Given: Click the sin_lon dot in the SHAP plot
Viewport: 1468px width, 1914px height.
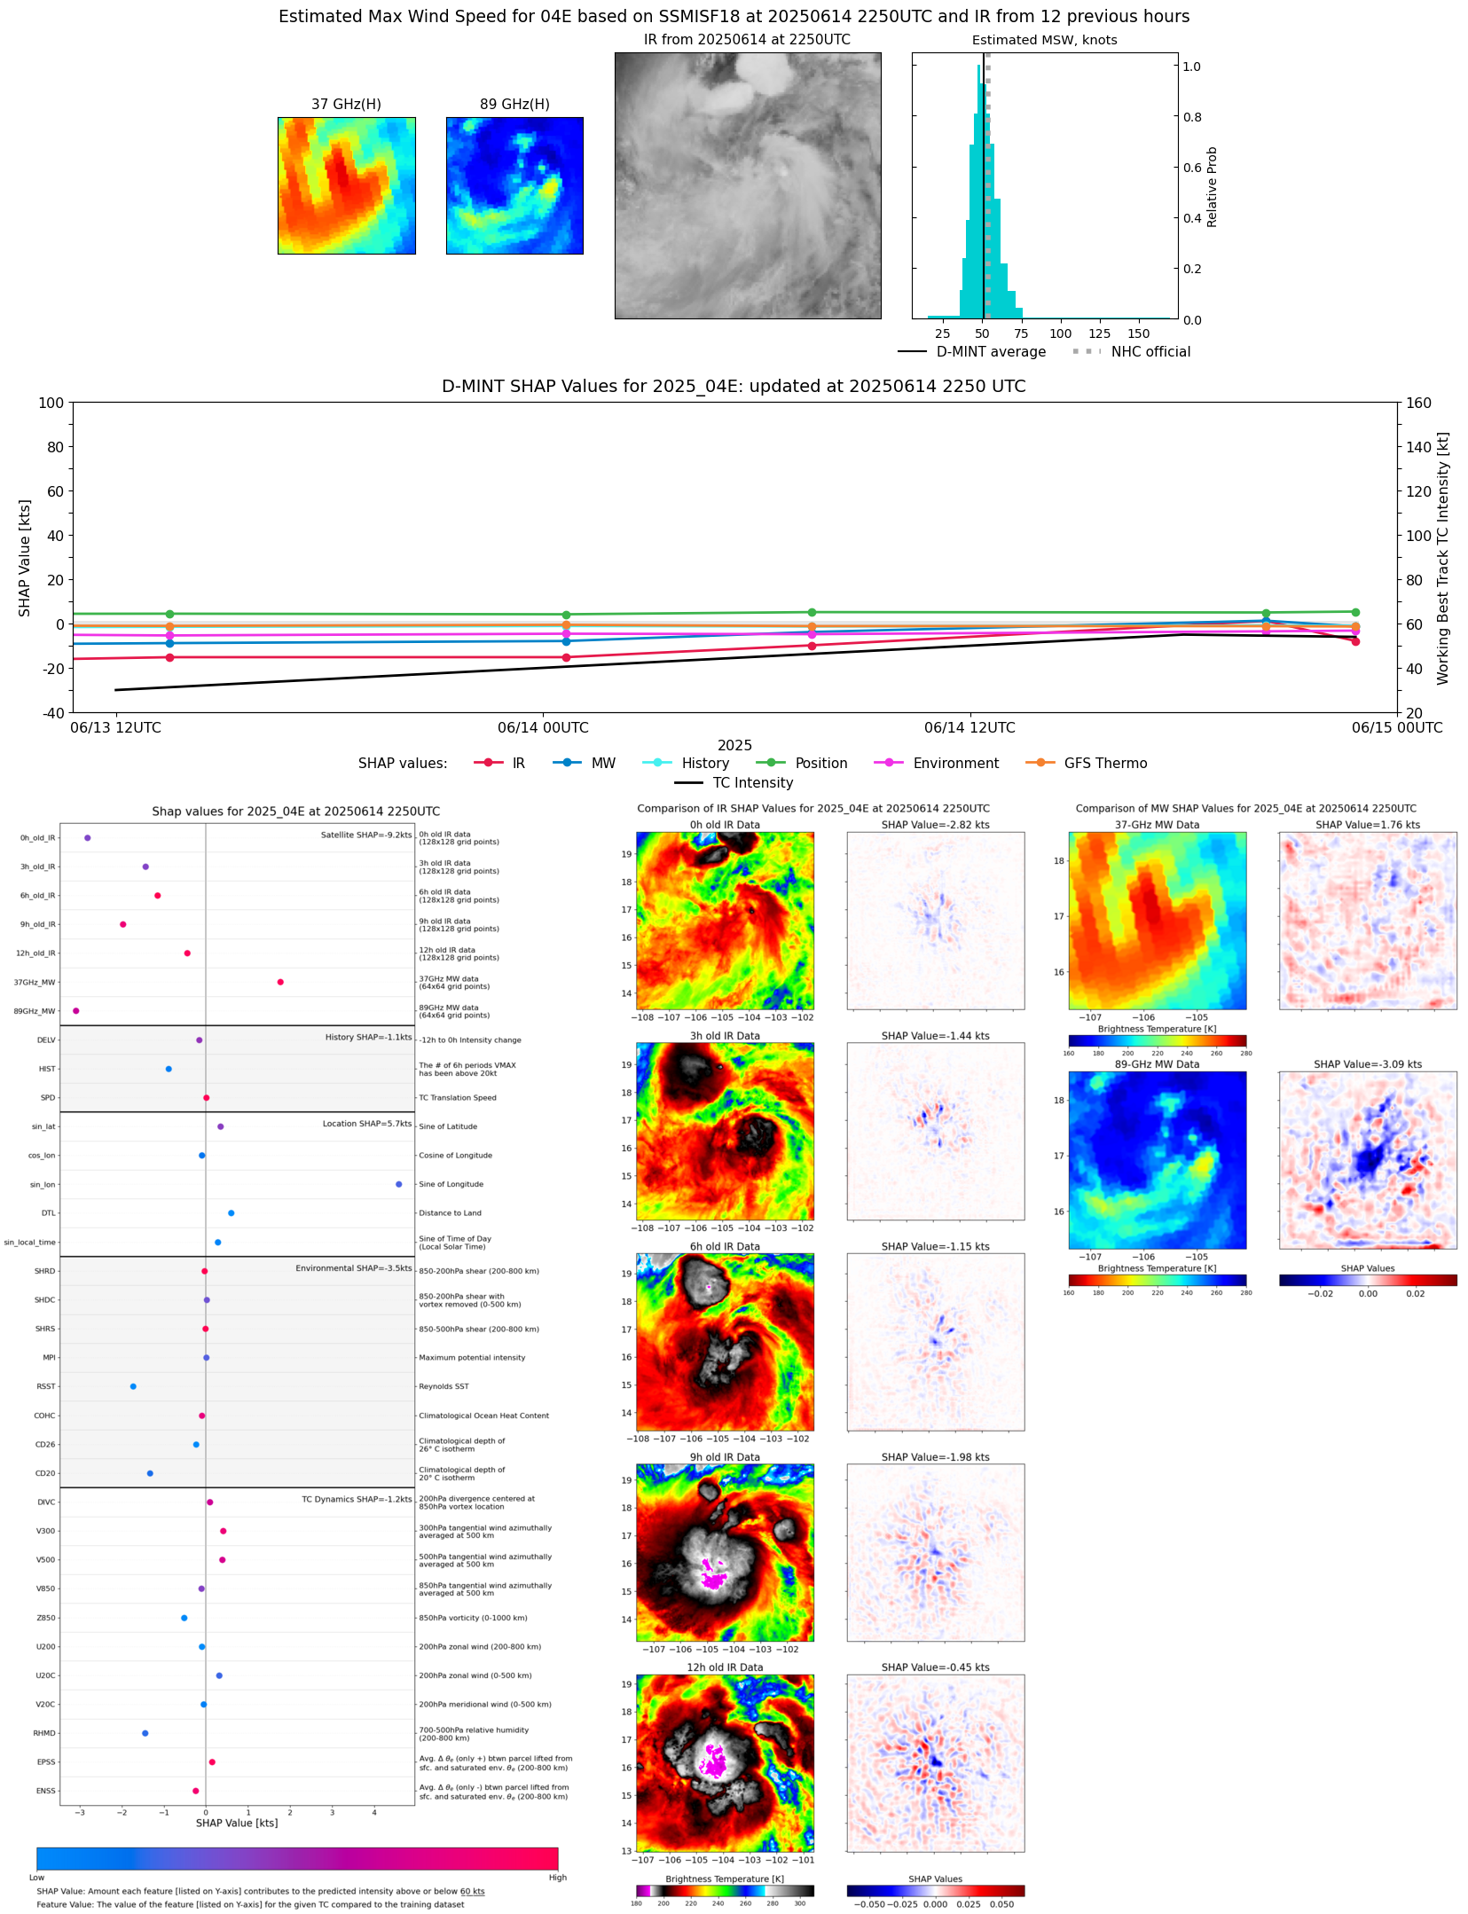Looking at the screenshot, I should [x=398, y=1184].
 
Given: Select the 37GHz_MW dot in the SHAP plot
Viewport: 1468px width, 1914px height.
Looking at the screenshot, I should [x=280, y=982].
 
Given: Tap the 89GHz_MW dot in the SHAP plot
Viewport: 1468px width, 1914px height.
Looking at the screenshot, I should [x=76, y=1011].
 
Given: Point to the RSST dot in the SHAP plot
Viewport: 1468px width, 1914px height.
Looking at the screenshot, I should [x=133, y=1386].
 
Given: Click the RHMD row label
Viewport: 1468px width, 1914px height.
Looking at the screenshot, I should [x=44, y=1733].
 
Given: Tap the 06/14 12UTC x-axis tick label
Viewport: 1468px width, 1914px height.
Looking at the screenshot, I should [x=970, y=728].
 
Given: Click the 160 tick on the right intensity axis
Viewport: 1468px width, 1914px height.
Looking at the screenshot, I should [x=1418, y=403].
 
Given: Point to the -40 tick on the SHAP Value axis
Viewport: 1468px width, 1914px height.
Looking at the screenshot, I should [x=51, y=713].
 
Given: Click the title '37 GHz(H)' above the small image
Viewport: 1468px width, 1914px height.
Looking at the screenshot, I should [x=346, y=105].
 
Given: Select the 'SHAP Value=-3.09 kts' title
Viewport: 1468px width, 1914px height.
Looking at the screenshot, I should [x=1367, y=1064].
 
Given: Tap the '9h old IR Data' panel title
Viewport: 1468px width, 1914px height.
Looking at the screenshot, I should [x=725, y=1457].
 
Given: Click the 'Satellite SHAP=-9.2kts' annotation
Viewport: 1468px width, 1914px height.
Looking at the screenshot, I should [x=366, y=835].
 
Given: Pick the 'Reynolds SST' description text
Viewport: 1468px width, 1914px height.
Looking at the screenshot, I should [x=444, y=1386].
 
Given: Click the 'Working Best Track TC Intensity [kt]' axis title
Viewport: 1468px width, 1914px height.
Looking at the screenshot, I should [x=1442, y=559].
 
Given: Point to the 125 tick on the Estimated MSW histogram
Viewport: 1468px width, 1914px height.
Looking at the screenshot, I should [x=1099, y=333].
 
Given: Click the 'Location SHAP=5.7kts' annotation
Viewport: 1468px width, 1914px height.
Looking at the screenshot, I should [x=367, y=1124].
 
